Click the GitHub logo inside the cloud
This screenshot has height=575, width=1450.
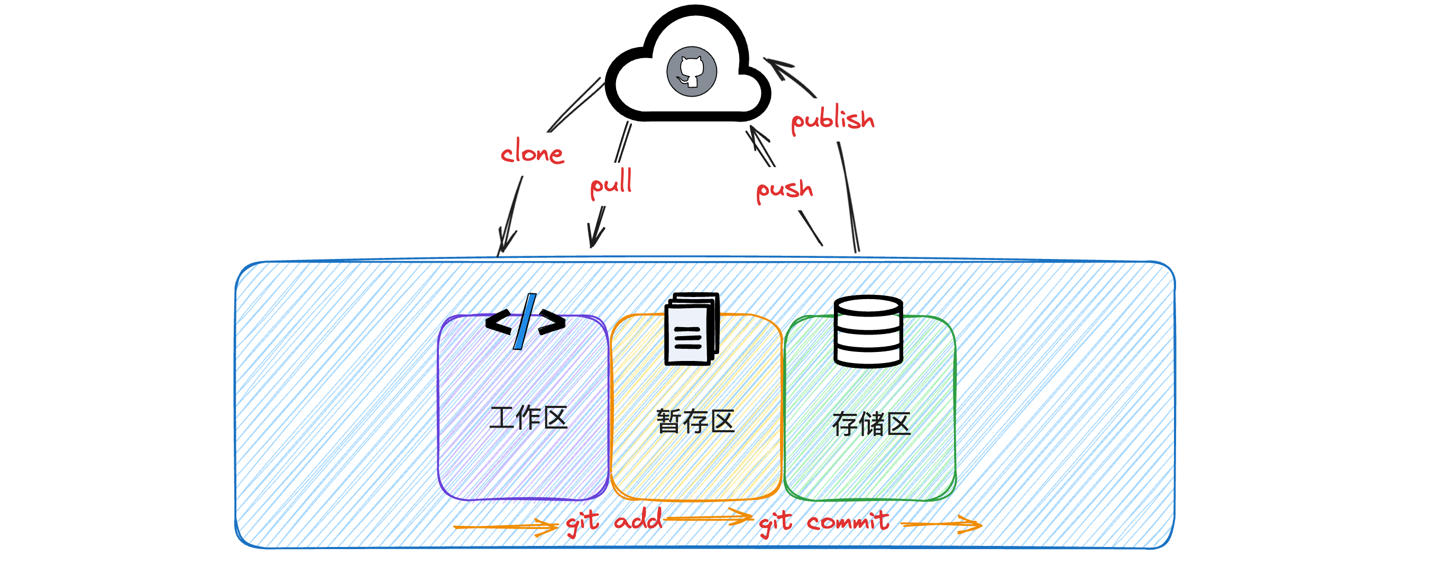point(691,72)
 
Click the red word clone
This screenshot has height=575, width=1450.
point(532,153)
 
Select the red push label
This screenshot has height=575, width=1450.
point(784,189)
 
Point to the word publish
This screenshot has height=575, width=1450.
point(832,119)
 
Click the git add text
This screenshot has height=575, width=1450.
point(614,521)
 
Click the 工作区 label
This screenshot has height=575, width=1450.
point(528,418)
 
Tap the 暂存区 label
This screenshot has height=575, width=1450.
point(695,421)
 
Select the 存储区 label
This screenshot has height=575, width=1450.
point(871,424)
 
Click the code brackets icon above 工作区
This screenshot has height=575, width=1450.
point(525,322)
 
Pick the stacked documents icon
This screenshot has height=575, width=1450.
point(692,329)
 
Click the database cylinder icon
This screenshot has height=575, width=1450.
point(868,331)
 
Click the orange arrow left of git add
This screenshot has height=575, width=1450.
point(507,526)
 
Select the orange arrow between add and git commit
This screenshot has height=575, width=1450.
point(709,516)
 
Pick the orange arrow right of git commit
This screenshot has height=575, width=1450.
point(943,524)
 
